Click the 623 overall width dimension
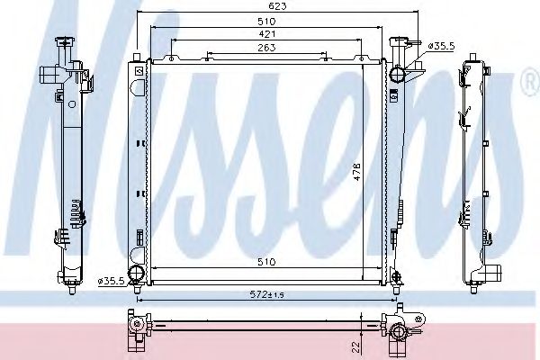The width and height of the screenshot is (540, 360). (x=277, y=6)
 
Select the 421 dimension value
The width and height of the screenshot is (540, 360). (x=266, y=34)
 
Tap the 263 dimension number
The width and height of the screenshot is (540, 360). (x=266, y=48)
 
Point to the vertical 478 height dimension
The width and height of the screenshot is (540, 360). (x=356, y=172)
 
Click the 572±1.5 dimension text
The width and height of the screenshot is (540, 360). (x=266, y=294)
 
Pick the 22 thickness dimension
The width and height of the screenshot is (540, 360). (x=356, y=346)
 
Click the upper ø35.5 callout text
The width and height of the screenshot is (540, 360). (x=442, y=46)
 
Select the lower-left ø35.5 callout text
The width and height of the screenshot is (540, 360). (x=111, y=281)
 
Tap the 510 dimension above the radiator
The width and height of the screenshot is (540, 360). (x=266, y=22)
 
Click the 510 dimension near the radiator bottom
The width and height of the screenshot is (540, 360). (x=266, y=262)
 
